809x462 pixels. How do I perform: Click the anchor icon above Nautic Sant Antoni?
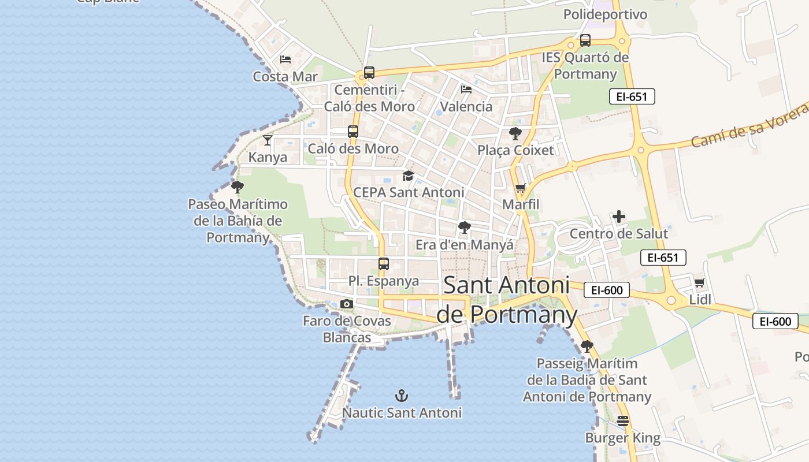click(x=401, y=396)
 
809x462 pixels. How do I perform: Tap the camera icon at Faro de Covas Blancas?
click(x=346, y=304)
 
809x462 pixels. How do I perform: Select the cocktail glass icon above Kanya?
click(x=268, y=140)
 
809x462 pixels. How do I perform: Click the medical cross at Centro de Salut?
click(x=619, y=217)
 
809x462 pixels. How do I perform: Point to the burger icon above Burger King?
click(x=622, y=422)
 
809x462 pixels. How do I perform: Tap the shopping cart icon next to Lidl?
click(x=700, y=283)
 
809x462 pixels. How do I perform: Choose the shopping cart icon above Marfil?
click(x=520, y=188)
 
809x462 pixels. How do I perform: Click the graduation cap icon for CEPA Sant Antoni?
click(x=409, y=176)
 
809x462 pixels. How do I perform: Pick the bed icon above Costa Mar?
click(x=285, y=59)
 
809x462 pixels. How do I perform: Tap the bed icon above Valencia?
click(x=466, y=90)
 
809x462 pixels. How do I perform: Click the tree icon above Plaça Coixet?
click(x=515, y=134)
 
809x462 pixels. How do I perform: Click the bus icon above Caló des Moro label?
click(x=353, y=132)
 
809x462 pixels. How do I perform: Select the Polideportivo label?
click(x=605, y=14)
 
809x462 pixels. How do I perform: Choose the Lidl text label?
click(x=700, y=300)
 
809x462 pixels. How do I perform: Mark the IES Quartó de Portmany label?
click(x=585, y=66)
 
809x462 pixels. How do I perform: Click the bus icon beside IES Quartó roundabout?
click(x=585, y=40)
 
